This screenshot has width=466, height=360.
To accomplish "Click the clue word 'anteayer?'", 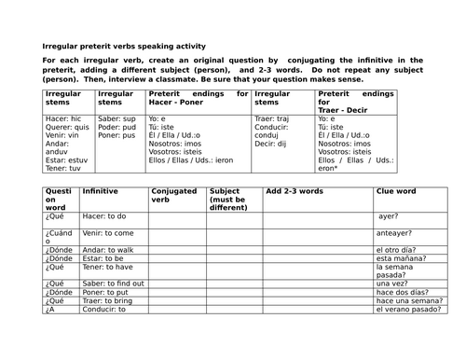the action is (x=396, y=233).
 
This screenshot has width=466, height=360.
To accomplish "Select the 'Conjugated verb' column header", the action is (x=173, y=195).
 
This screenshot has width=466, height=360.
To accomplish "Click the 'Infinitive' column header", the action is (x=101, y=191).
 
